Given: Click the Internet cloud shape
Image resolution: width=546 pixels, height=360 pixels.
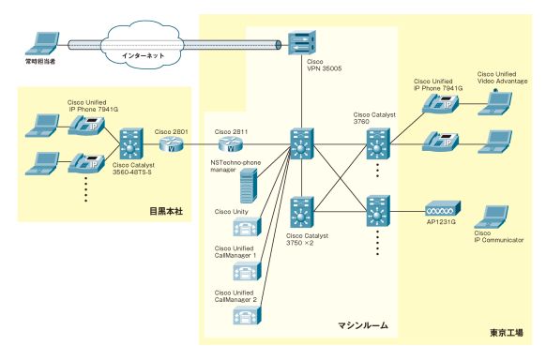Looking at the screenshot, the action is pos(142,44).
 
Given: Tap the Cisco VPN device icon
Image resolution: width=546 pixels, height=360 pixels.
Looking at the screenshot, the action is pos(302,43).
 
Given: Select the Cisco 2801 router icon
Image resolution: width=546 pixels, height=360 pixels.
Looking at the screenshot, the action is pos(172,143).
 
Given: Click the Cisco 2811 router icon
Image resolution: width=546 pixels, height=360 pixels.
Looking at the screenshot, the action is pos(231,143).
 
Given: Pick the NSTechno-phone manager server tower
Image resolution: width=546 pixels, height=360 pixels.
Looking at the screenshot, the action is pos(249,186).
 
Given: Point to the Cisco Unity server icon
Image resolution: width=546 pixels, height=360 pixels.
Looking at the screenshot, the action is pos(247,227).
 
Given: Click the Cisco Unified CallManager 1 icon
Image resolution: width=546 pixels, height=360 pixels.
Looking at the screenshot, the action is pos(247,271).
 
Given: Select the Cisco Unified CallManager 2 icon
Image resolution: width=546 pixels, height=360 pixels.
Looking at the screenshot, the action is pos(247,316).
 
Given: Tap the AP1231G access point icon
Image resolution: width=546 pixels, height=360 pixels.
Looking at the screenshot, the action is pos(443,209).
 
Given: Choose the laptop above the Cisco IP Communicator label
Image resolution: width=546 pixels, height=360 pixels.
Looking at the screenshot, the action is pos(492,217).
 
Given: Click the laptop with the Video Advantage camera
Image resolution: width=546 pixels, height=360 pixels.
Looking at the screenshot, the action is pos(494,102).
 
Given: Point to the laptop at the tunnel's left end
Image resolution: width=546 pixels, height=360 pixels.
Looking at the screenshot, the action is pos(42,44).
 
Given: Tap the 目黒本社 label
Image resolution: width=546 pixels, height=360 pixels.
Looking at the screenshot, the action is pos(166,211).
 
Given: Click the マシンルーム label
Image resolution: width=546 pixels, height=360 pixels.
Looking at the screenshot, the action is pos(363,325).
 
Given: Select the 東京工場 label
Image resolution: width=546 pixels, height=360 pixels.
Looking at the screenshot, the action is pos(507,333).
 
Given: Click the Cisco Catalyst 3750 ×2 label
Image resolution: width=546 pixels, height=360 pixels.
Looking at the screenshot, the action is pos(307,239).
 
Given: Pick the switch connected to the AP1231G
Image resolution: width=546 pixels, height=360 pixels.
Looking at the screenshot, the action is pos(378,211).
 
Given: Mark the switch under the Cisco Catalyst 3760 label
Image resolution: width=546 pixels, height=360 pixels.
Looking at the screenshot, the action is pos(378,144).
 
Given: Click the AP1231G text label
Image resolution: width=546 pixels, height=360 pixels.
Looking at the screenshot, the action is pos(441,222).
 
